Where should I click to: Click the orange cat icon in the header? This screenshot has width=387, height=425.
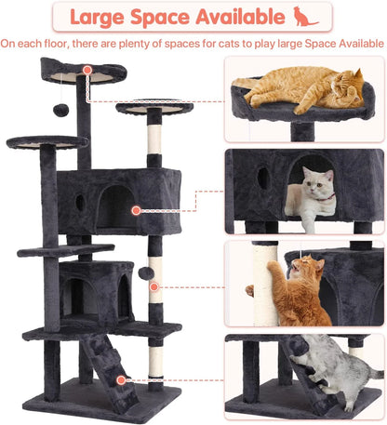(x=305, y=16)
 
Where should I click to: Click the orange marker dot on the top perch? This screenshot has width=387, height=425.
(x=87, y=70)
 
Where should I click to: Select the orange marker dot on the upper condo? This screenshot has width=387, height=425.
(x=136, y=211)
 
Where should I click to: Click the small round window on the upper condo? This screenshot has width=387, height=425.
(x=80, y=201)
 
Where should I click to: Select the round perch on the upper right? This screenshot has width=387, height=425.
(x=153, y=107)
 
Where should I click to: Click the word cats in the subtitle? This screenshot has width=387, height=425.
(x=215, y=43)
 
